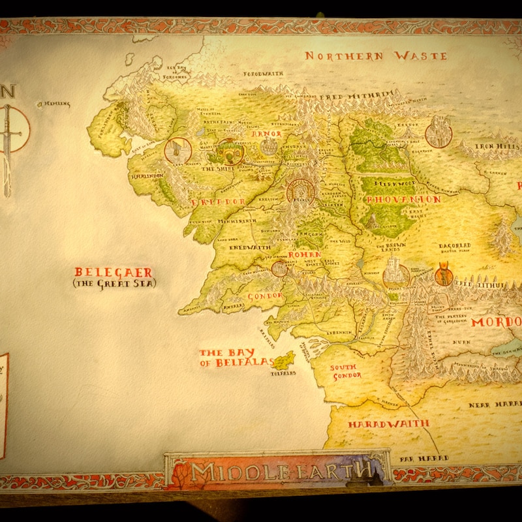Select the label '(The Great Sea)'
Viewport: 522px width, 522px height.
coord(114,283)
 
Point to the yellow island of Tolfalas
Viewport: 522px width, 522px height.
coord(283,360)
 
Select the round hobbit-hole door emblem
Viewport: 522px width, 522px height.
coord(230,152)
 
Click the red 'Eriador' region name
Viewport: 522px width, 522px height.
coord(218,202)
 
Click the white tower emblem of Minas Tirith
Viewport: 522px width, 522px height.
coord(395,275)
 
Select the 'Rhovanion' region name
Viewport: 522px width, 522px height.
coord(394,198)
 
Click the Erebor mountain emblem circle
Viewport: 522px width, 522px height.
coord(438,132)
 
